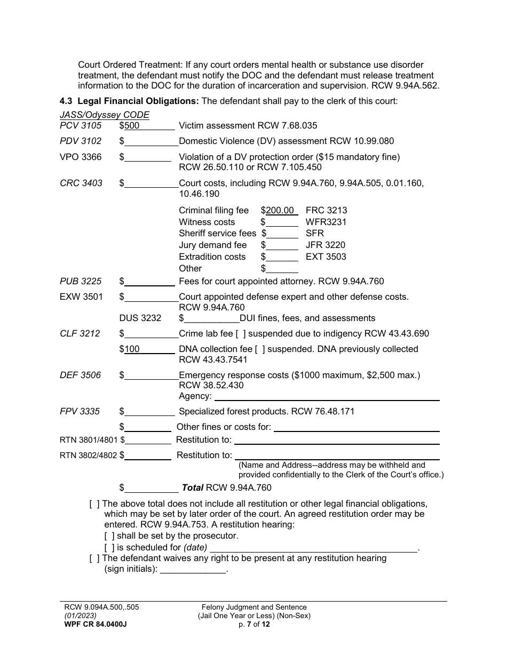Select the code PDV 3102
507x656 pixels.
(x=81, y=141)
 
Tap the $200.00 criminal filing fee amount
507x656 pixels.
(x=280, y=210)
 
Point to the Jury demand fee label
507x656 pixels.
(x=213, y=245)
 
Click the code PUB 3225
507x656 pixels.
(x=81, y=281)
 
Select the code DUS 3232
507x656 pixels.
(x=140, y=318)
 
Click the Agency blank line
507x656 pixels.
(x=327, y=396)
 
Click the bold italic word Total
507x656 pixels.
(x=193, y=487)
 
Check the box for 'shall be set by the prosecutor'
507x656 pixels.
(x=109, y=536)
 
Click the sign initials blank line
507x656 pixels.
(x=193, y=569)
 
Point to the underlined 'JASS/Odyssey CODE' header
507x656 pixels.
(x=105, y=115)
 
